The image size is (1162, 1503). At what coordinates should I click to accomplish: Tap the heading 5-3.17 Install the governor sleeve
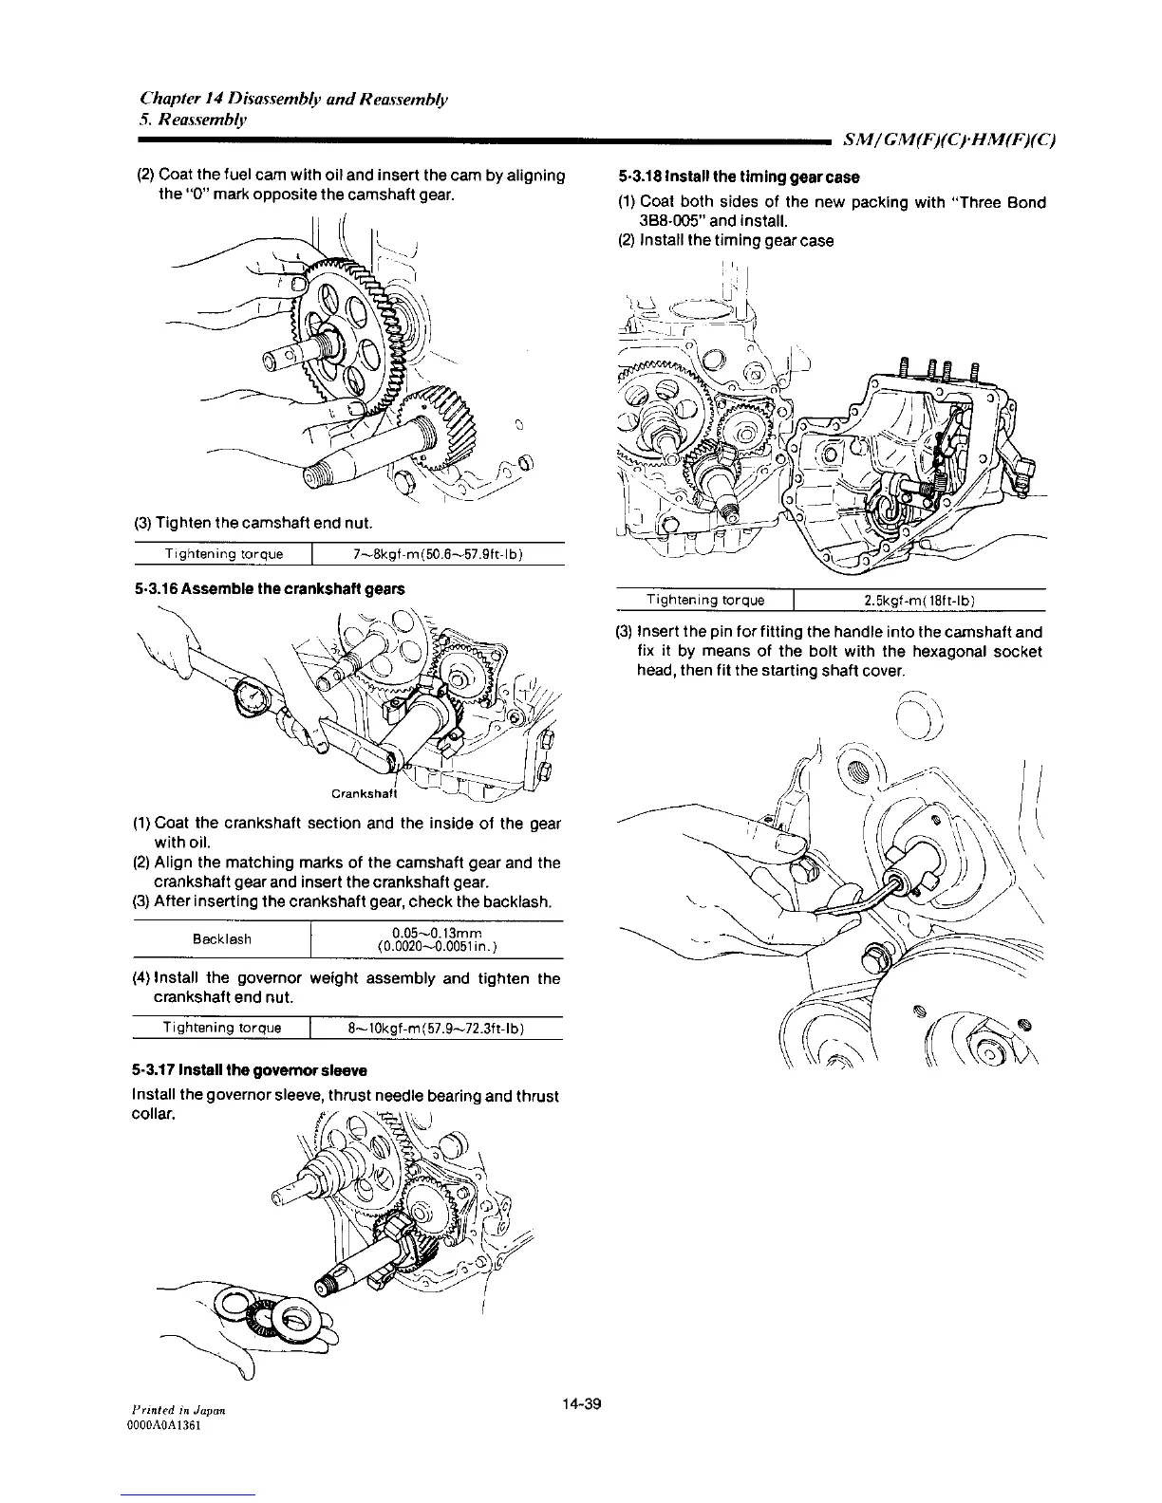click(249, 1070)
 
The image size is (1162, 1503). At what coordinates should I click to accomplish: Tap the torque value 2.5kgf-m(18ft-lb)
click(919, 600)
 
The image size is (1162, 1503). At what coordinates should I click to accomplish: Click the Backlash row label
click(221, 939)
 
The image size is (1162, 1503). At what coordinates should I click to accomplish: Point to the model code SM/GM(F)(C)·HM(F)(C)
click(950, 140)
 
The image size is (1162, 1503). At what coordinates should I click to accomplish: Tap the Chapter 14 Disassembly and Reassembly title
click(294, 98)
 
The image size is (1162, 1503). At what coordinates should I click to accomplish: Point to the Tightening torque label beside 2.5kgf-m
click(704, 600)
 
